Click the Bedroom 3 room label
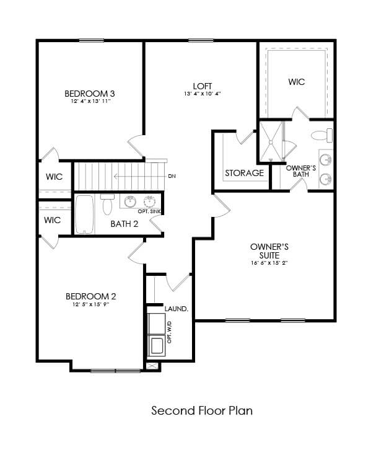click(x=90, y=94)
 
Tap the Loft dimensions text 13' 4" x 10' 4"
click(x=203, y=94)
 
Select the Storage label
click(x=244, y=173)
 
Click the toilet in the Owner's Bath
click(x=321, y=135)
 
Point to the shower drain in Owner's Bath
click(x=271, y=142)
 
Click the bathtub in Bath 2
click(x=84, y=214)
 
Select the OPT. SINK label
click(x=149, y=211)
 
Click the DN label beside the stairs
click(x=172, y=176)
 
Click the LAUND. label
click(x=177, y=309)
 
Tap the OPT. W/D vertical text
click(x=170, y=332)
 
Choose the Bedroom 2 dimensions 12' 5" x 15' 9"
click(x=90, y=304)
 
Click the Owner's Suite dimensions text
click(x=269, y=263)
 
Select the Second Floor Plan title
click(x=202, y=410)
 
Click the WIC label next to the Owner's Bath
click(x=297, y=82)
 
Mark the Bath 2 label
click(x=124, y=224)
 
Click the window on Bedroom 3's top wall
click(x=91, y=41)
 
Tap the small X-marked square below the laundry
click(x=153, y=366)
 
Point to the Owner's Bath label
click(x=301, y=171)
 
